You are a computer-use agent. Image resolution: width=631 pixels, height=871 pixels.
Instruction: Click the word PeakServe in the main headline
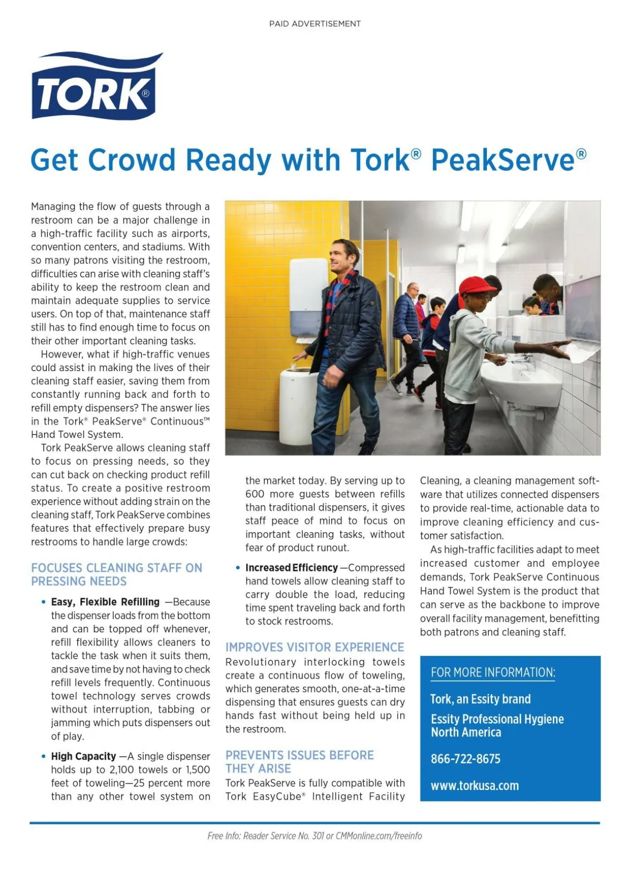point(503,160)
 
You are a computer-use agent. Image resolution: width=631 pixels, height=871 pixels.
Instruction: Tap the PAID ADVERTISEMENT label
point(314,24)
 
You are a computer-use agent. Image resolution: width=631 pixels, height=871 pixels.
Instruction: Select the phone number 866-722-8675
point(465,759)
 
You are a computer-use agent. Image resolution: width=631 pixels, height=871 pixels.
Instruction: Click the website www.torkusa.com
point(474,786)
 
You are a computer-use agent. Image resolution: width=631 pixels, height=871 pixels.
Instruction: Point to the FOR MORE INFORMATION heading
point(493,672)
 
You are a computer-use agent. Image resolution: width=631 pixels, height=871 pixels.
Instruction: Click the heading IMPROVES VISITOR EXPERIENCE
point(314,647)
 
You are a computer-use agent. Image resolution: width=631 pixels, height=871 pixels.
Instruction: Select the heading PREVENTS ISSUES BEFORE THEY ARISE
point(299,762)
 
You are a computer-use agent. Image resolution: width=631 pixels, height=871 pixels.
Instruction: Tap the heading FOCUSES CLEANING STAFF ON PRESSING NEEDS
point(116,575)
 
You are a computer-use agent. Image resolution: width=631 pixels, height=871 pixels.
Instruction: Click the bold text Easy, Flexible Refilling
point(105,602)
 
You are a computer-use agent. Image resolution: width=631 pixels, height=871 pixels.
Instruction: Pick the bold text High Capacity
point(83,756)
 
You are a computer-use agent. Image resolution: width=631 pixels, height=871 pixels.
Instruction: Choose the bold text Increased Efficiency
point(291,568)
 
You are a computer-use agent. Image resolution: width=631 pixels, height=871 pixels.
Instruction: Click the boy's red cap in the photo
point(475,286)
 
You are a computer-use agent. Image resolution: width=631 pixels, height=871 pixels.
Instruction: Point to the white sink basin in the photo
point(521,382)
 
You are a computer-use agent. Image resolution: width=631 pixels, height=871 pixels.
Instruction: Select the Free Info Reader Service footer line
point(314,836)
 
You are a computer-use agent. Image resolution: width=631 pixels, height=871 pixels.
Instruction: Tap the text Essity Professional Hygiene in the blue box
point(497,719)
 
